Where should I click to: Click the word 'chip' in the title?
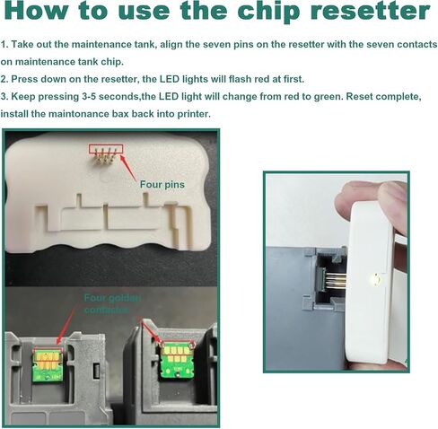(268, 12)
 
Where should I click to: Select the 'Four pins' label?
(162, 185)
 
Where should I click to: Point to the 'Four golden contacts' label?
(112, 303)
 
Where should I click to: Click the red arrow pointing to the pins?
(129, 168)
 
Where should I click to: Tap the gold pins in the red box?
(105, 155)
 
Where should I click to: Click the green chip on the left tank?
(48, 365)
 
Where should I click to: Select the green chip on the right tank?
(176, 361)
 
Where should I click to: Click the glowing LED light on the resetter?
(374, 279)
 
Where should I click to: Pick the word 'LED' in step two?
(170, 79)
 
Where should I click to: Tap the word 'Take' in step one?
(22, 44)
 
